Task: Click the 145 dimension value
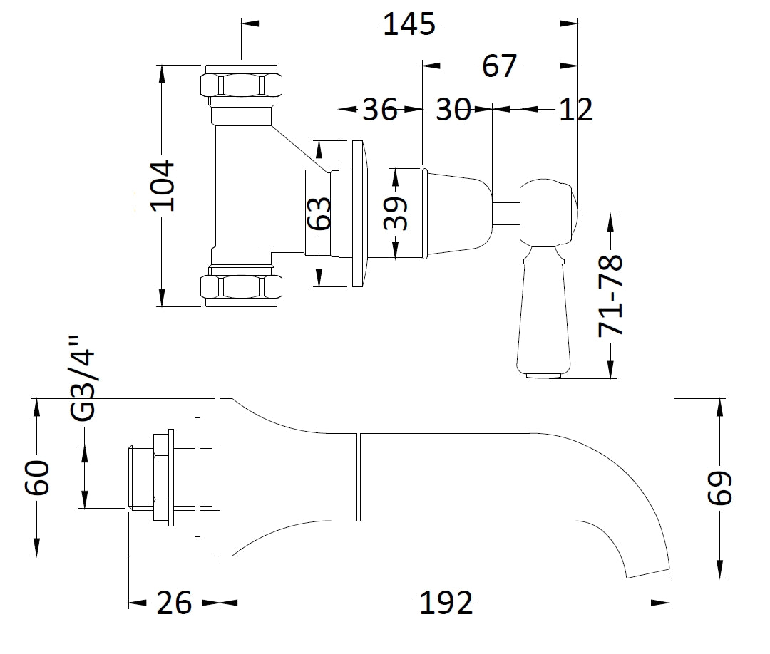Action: [x=409, y=25]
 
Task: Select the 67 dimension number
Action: [x=498, y=66]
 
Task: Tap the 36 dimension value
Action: [x=380, y=110]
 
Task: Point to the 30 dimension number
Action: [x=453, y=110]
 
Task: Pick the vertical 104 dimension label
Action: [x=163, y=186]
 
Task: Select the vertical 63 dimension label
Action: [x=320, y=213]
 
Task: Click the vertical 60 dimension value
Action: [x=37, y=478]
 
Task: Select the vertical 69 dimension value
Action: [x=720, y=489]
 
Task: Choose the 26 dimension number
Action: [x=174, y=604]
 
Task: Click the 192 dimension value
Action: [x=446, y=604]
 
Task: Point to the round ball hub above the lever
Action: [x=548, y=213]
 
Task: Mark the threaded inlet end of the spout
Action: [x=140, y=477]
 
